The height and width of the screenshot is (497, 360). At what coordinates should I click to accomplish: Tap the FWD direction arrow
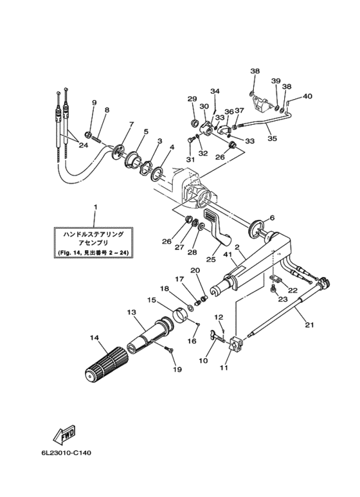(x=64, y=434)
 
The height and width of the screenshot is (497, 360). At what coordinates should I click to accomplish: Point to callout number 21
(x=309, y=325)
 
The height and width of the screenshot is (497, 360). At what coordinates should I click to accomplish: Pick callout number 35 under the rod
(x=272, y=138)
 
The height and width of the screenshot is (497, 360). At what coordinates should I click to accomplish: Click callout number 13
(x=131, y=312)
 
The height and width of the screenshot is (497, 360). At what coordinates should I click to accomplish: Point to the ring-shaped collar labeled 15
(x=181, y=315)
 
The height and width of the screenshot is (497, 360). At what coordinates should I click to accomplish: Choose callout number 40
(x=307, y=96)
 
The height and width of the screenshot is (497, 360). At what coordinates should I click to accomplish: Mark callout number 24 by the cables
(x=84, y=146)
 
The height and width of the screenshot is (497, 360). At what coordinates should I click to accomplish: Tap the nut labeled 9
(x=89, y=134)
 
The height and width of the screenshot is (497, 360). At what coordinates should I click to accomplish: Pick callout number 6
(x=272, y=218)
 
